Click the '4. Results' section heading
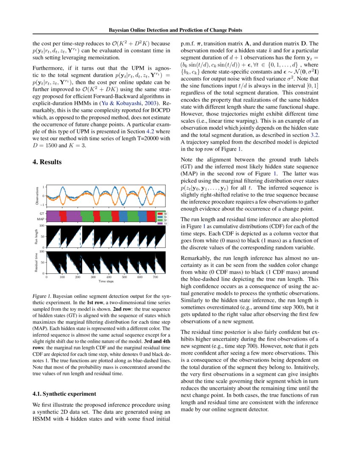[x=47, y=162]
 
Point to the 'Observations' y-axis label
[x=37, y=196]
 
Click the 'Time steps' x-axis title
[x=106, y=281]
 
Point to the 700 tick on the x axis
[x=156, y=277]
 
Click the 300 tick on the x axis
[x=93, y=277]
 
